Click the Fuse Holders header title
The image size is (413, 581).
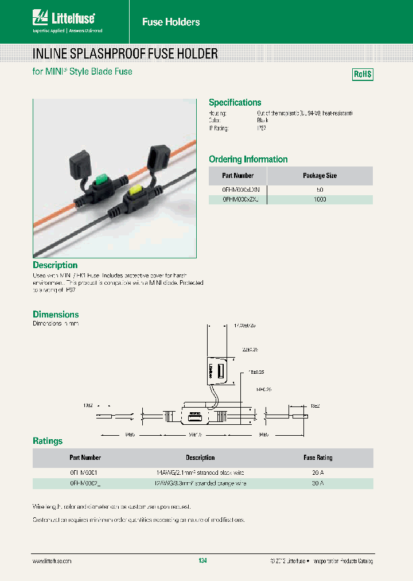click(x=171, y=22)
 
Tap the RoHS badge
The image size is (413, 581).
click(x=362, y=75)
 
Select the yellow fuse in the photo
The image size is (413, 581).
click(x=138, y=190)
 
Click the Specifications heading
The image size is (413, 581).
click(x=235, y=102)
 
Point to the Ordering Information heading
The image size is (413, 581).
click(x=248, y=159)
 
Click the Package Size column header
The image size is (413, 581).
click(x=320, y=176)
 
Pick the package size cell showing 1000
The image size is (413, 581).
click(x=320, y=199)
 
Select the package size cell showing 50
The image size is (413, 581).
click(x=320, y=189)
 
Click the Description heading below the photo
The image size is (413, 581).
click(x=55, y=265)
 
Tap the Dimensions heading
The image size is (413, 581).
click(x=56, y=314)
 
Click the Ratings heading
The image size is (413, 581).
click(x=48, y=441)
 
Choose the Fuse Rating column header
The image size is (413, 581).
click(x=318, y=458)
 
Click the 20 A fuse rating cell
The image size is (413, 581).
click(x=318, y=472)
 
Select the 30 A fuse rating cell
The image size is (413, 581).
click(x=318, y=483)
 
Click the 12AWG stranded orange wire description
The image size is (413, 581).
click(x=200, y=483)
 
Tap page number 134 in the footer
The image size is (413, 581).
click(x=202, y=560)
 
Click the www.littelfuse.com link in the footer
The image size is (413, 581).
click(x=52, y=560)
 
